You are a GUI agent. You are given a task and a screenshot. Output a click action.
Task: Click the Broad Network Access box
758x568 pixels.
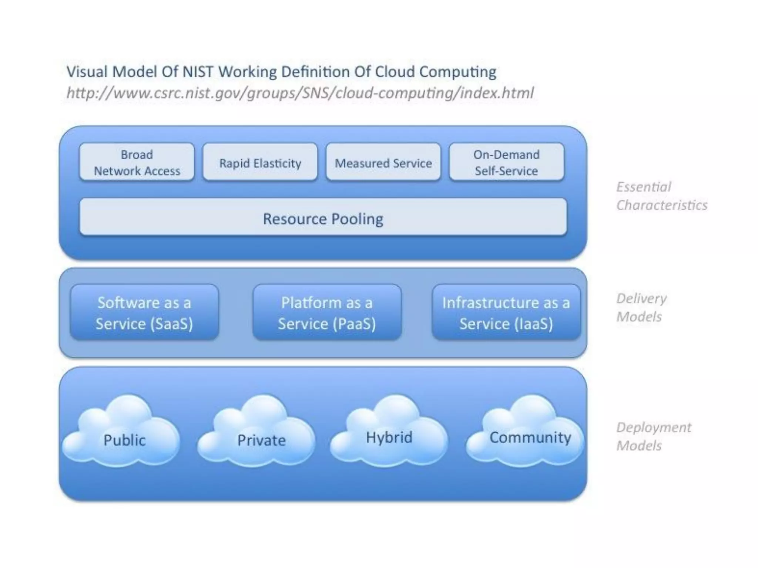pos(137,162)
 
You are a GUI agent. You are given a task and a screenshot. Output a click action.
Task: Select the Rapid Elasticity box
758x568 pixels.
pos(260,162)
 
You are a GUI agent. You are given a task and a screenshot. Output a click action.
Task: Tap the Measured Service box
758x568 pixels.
pos(383,162)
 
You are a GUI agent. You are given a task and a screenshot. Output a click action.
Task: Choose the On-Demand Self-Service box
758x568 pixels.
pos(506,162)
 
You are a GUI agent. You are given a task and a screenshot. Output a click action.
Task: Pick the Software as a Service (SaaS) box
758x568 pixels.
pos(144,312)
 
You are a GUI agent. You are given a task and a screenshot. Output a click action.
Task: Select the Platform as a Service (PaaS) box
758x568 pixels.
pos(327,312)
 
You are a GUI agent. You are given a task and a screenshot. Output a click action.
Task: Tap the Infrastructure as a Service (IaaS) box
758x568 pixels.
pos(506,312)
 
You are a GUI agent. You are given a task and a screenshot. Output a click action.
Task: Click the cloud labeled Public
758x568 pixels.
pos(124,436)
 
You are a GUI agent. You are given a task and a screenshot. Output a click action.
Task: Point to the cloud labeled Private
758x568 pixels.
pos(261,436)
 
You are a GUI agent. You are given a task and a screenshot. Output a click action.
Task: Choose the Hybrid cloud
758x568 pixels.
pos(389,435)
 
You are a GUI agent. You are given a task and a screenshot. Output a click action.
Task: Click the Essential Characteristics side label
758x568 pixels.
pos(661,196)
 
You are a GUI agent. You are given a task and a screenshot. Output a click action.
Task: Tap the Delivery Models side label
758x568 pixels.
pos(641,307)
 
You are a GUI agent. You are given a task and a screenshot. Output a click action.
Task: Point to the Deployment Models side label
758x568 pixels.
pos(653,436)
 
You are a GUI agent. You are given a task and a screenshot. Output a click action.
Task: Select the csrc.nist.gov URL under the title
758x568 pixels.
pos(300,93)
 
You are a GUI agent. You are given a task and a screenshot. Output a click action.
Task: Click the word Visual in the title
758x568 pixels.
pos(87,72)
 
